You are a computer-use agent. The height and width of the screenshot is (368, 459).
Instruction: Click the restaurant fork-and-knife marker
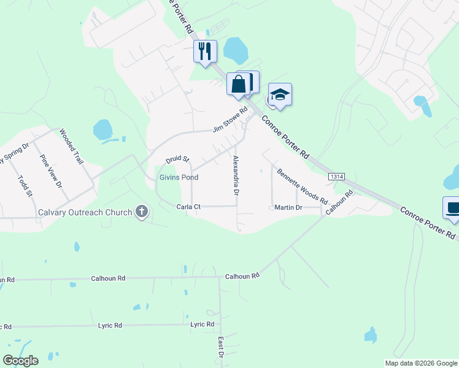(205, 51)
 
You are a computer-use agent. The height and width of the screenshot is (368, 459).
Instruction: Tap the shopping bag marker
(239, 84)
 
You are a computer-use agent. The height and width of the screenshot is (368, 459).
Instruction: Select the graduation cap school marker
(280, 94)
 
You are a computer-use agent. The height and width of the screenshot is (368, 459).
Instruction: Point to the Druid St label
(177, 159)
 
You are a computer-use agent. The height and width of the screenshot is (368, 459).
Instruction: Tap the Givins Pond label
(179, 177)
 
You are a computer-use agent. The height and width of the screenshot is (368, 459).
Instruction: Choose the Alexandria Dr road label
(236, 175)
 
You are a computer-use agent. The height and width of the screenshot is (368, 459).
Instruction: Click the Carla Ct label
(188, 207)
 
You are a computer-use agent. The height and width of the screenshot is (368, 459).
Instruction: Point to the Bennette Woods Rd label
(302, 186)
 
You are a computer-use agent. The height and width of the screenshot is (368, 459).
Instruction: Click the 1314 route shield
(336, 177)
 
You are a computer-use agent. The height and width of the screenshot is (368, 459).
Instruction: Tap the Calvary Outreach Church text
(85, 213)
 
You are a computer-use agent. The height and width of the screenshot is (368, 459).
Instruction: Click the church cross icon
(142, 213)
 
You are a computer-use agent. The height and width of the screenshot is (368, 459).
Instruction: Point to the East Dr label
(220, 347)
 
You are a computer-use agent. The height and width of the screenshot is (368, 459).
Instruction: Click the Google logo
(20, 361)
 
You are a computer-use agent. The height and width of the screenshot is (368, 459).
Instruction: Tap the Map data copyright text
(422, 363)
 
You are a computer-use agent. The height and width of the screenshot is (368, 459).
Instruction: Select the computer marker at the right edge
(453, 207)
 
